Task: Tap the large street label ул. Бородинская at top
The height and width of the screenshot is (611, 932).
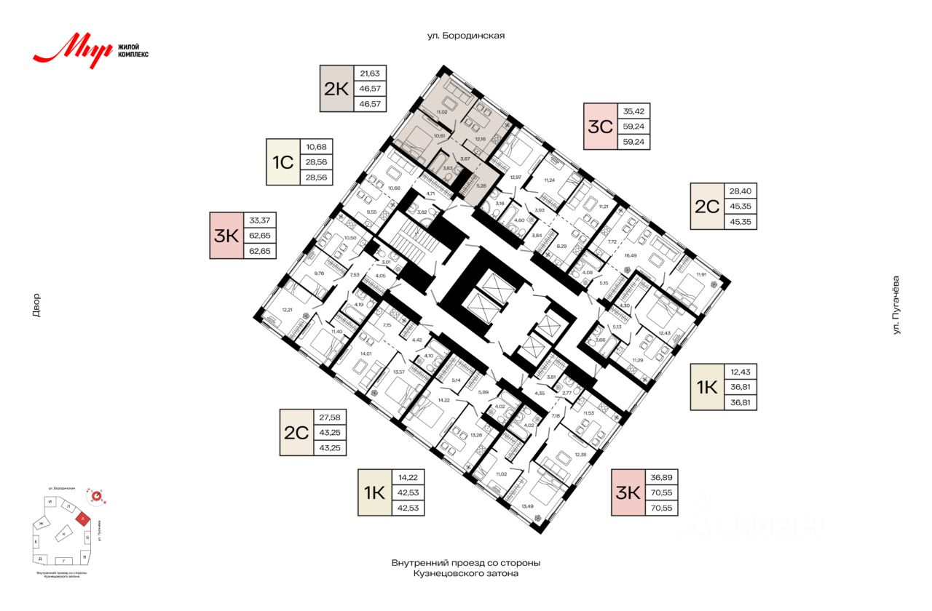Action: click(x=466, y=35)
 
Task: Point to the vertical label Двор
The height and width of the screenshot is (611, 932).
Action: click(x=36, y=305)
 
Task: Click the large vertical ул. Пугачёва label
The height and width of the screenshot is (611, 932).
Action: click(x=897, y=305)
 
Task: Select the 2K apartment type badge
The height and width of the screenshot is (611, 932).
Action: click(x=336, y=89)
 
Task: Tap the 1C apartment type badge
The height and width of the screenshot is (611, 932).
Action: click(x=282, y=162)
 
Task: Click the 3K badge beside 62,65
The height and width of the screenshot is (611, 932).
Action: click(x=226, y=236)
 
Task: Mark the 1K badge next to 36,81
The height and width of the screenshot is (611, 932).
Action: click(x=706, y=386)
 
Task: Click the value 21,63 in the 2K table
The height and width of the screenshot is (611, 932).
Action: click(x=370, y=73)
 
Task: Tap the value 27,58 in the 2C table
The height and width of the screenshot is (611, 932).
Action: click(x=330, y=417)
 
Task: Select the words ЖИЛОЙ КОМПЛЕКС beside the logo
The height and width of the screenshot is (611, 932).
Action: click(x=133, y=50)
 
